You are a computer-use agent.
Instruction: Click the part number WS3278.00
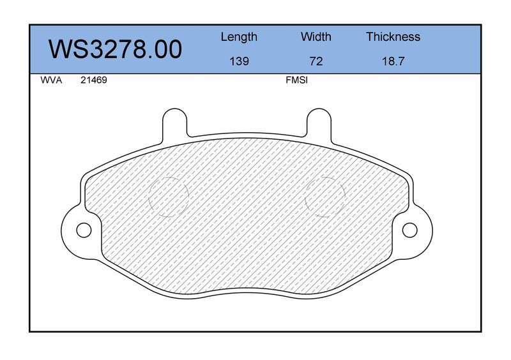click(x=115, y=50)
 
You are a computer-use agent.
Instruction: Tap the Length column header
click(x=239, y=37)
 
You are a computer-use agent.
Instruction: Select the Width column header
click(x=316, y=36)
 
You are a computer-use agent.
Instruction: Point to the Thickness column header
click(x=393, y=36)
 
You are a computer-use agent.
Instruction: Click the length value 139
click(x=239, y=61)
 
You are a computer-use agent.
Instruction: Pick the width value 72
click(x=316, y=61)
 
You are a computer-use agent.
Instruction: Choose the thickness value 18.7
click(x=393, y=61)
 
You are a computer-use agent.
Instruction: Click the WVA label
click(x=51, y=80)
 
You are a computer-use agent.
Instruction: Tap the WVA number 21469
click(x=93, y=80)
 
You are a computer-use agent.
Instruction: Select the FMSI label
click(x=296, y=80)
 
